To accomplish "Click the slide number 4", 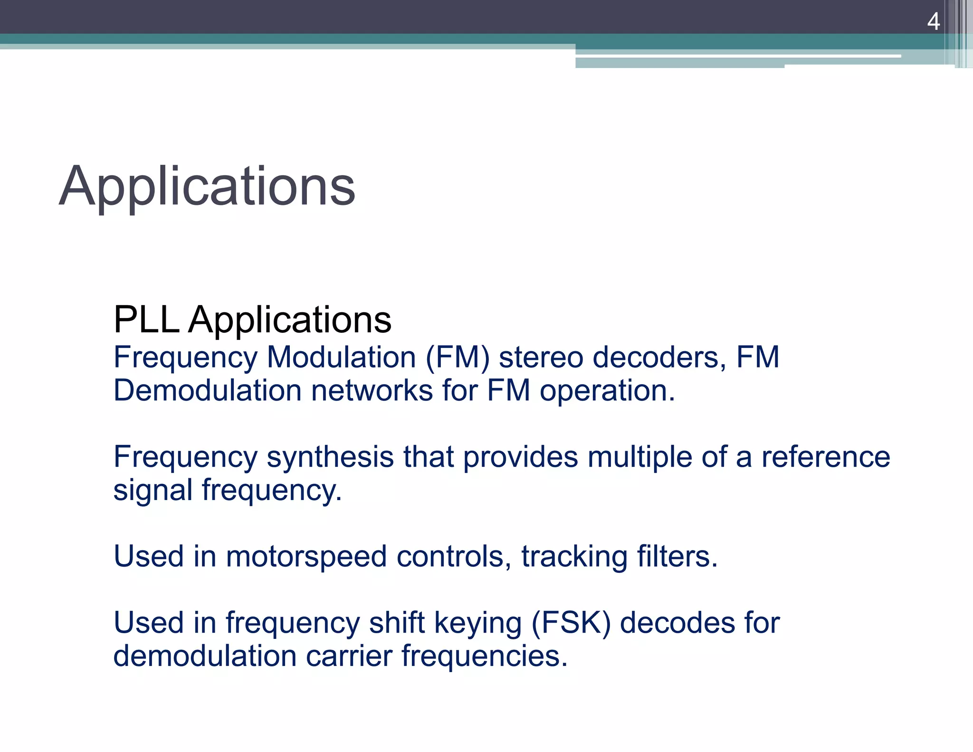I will click(x=933, y=22).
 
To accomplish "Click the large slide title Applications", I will click(x=207, y=186).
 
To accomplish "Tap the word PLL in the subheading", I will click(x=146, y=319).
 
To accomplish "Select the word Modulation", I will click(x=341, y=357).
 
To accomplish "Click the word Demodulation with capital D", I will click(x=208, y=391).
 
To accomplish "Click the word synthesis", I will click(x=330, y=457).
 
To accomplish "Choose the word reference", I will click(x=826, y=457).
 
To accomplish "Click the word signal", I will click(x=153, y=491).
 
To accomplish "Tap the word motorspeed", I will click(x=306, y=557).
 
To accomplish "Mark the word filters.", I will click(x=677, y=557).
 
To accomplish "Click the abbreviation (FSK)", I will click(x=571, y=623).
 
